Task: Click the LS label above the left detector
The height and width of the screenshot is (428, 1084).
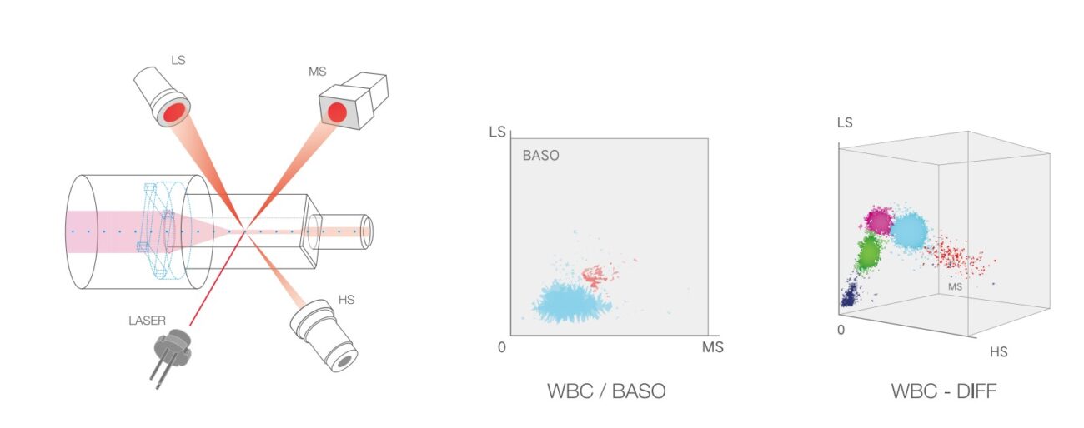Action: [x=178, y=60]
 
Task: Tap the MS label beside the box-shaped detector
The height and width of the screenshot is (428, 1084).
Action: [x=318, y=72]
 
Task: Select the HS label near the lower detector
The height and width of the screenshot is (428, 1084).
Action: [x=347, y=300]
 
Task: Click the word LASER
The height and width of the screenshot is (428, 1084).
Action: [x=147, y=321]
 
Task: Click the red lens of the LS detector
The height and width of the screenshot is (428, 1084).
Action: [x=174, y=113]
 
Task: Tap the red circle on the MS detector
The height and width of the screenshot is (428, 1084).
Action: [x=338, y=113]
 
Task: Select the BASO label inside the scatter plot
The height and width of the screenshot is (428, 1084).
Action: [x=541, y=156]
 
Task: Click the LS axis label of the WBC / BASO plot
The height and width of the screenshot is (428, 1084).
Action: [x=498, y=132]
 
